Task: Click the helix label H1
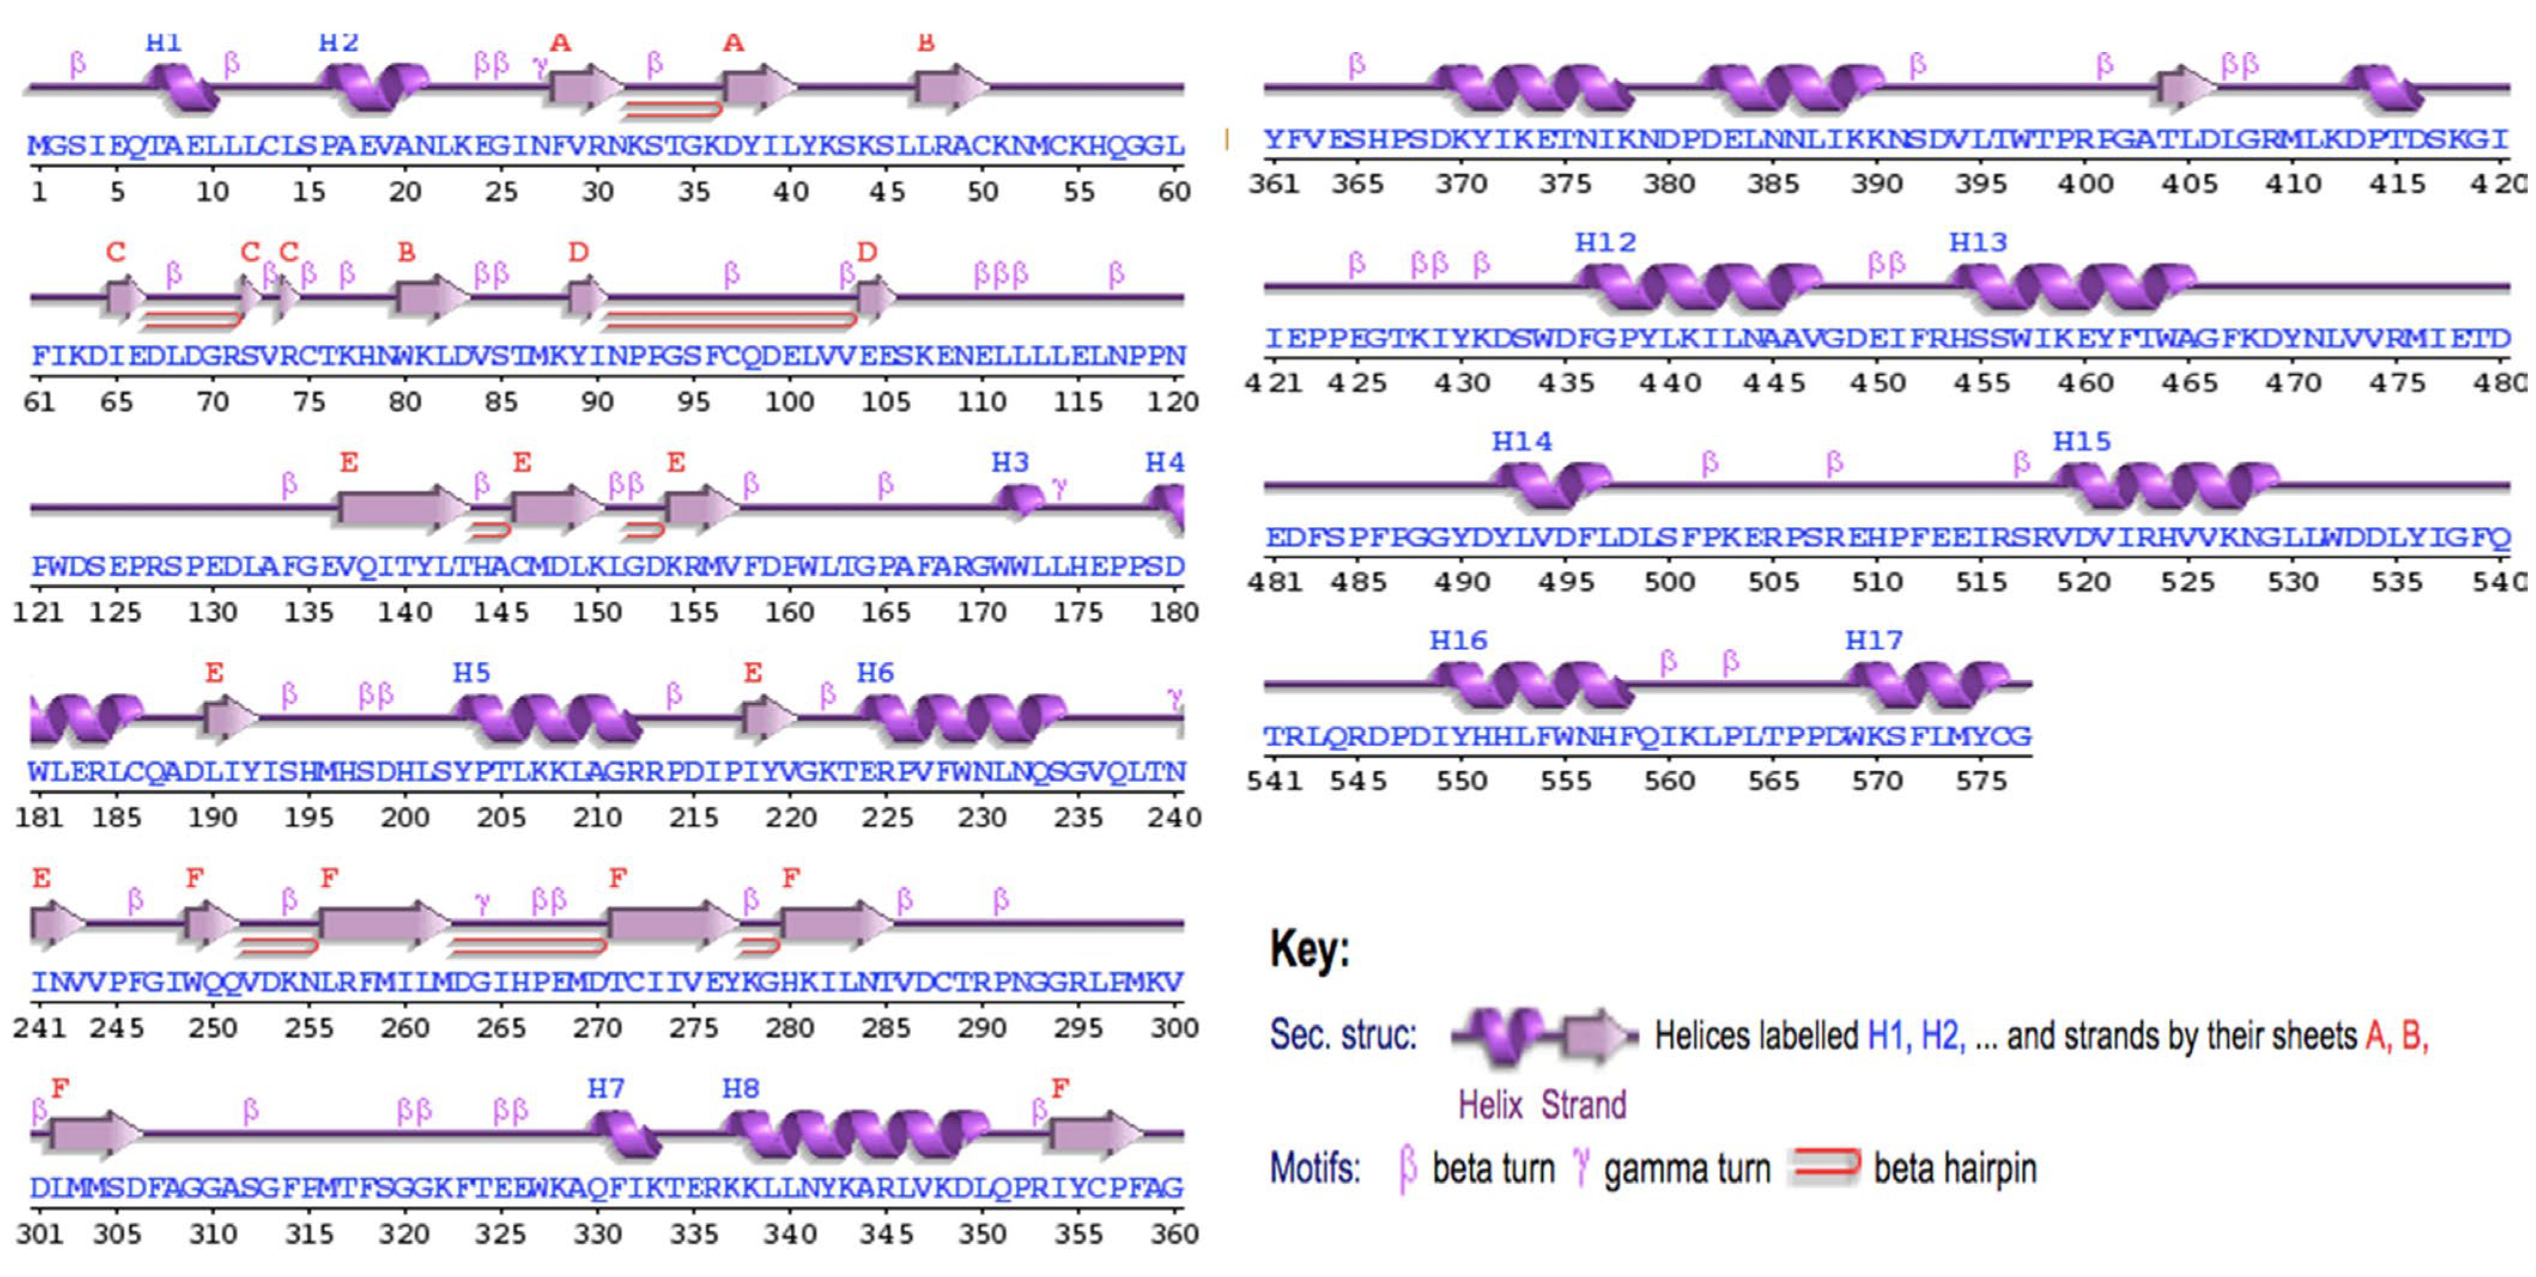(163, 43)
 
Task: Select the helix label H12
(1604, 242)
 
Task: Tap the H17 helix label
(1873, 641)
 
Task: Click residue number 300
(1173, 1028)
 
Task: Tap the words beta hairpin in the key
(1954, 1169)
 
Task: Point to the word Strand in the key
(1583, 1105)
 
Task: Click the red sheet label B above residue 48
(926, 43)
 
